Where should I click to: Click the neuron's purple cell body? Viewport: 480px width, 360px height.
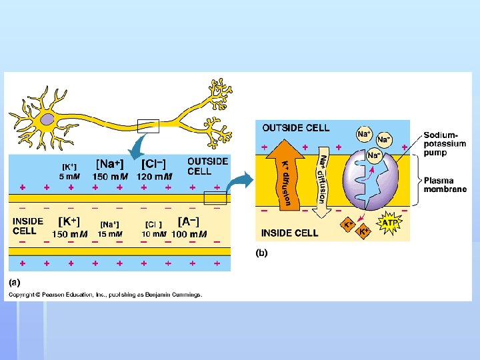(48, 120)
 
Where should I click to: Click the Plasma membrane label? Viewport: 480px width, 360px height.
(446, 185)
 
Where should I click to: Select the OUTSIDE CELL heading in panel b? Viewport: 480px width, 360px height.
(295, 128)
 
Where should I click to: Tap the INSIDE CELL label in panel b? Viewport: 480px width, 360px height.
(289, 233)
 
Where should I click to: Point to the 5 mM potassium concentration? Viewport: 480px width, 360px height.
(69, 177)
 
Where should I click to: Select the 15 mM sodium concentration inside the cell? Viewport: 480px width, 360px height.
(110, 234)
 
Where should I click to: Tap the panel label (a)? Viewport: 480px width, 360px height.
(14, 282)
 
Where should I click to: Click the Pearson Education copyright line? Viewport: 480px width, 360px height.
(105, 295)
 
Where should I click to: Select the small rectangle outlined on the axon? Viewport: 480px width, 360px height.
(147, 126)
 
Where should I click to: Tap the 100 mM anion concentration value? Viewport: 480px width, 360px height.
(189, 234)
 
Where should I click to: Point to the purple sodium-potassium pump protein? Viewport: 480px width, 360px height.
(371, 183)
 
